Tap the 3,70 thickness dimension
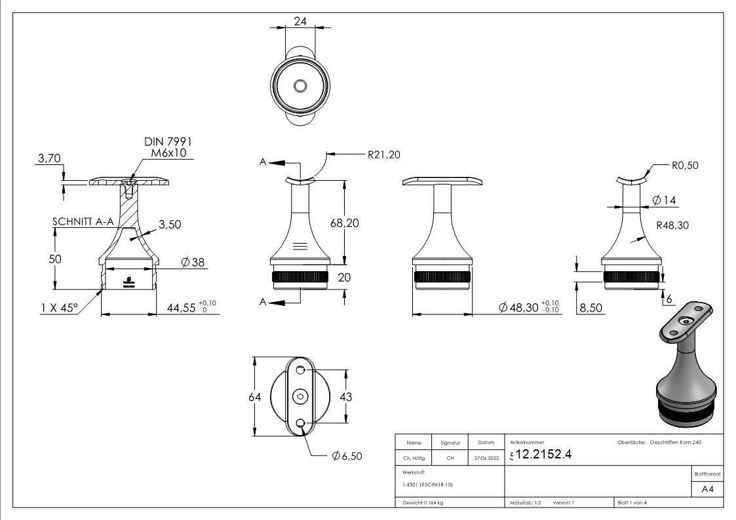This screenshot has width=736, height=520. click(50, 158)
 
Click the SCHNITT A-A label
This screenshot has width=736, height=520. click(83, 222)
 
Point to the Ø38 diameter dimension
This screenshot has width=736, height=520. click(193, 262)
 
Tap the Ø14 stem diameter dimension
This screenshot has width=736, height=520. click(665, 200)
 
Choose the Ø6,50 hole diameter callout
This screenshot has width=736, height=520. click(347, 456)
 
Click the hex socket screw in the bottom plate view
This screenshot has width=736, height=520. click(301, 397)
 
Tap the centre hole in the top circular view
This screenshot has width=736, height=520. click(301, 86)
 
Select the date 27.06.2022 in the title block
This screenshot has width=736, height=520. click(486, 458)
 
